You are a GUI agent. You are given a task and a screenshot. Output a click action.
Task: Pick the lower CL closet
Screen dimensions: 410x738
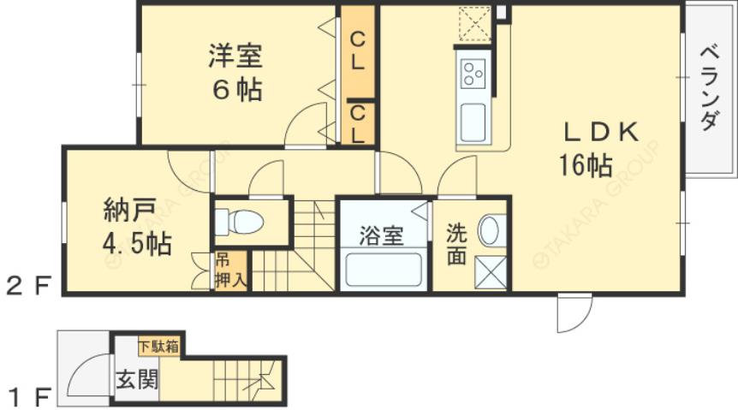(358, 123)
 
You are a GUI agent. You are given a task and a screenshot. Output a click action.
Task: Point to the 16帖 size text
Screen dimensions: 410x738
(586, 163)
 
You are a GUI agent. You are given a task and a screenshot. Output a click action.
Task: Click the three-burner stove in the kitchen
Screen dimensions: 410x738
(473, 74)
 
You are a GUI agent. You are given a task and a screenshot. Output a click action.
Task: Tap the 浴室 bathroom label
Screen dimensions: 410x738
(381, 235)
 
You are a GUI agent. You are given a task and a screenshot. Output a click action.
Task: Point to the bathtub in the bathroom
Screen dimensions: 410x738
(382, 269)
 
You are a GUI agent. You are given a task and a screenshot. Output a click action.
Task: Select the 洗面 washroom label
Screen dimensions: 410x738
(456, 243)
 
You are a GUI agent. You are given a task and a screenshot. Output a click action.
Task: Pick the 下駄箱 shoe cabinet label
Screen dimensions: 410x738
(158, 347)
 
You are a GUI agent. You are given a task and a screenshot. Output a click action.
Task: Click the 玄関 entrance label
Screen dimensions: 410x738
(137, 378)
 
